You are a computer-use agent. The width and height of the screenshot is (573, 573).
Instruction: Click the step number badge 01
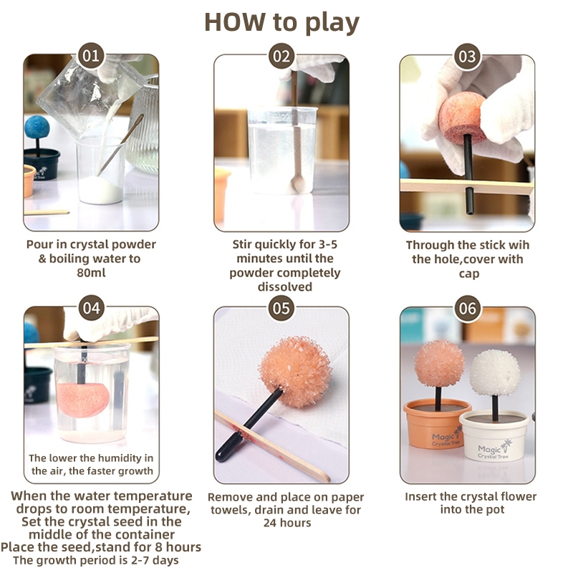click(91, 56)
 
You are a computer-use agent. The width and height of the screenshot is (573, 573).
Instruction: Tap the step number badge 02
click(281, 56)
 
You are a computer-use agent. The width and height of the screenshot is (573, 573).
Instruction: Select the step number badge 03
click(467, 56)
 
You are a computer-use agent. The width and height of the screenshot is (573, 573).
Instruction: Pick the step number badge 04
click(91, 308)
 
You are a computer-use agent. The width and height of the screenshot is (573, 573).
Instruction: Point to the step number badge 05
click(281, 308)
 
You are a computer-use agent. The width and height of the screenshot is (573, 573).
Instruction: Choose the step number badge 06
click(468, 308)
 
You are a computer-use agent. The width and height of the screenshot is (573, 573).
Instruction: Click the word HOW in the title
click(235, 22)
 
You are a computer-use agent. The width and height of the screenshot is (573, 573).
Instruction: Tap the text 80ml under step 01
click(91, 273)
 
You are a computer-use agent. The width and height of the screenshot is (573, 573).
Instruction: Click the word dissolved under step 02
click(284, 287)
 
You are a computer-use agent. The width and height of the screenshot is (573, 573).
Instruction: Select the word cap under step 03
click(469, 274)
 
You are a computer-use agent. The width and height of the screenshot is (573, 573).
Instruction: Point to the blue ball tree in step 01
click(37, 134)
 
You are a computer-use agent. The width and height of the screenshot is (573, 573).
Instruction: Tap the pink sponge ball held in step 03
click(463, 116)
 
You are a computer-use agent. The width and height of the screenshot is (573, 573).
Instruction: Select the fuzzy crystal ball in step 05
click(295, 372)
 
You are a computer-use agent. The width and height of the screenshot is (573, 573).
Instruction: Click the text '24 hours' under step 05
click(287, 523)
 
